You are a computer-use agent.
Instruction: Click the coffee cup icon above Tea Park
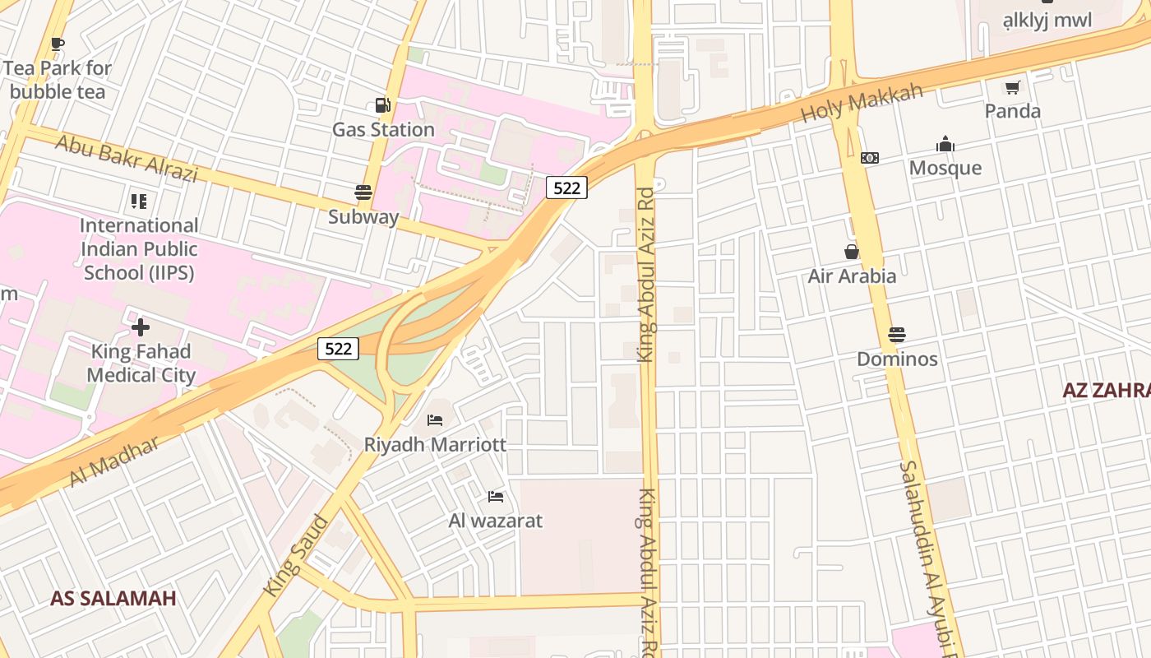[57, 44]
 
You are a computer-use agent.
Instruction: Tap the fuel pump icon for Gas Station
[382, 105]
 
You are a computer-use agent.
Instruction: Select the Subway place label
[363, 217]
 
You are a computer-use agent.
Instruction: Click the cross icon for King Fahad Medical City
[141, 327]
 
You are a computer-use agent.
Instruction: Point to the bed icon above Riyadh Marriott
[435, 420]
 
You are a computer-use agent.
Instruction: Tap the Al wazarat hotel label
[495, 520]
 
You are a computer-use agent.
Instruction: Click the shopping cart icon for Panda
[1012, 87]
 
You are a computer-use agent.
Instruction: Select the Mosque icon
[945, 145]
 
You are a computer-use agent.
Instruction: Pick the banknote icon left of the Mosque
[870, 158]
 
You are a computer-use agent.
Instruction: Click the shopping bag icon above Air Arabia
[852, 252]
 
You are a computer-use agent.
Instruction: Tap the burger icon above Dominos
[897, 336]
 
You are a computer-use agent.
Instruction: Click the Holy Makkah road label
[862, 103]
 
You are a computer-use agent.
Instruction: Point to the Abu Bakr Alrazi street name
[127, 158]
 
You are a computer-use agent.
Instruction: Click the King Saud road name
[295, 555]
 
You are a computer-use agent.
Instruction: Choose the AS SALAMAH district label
[113, 598]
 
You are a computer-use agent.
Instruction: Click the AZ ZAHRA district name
[1106, 390]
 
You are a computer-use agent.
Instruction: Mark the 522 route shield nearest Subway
[566, 188]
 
